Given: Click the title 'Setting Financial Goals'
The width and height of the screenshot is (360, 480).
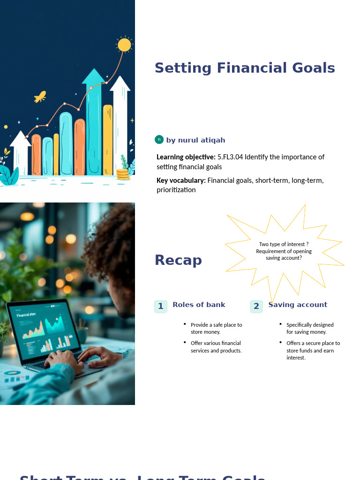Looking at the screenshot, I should tap(245, 68).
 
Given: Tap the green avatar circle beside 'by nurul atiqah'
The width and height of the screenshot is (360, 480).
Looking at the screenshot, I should tap(159, 139).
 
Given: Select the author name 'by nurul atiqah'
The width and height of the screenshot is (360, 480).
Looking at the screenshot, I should tap(195, 140).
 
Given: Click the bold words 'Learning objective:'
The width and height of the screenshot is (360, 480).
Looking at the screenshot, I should tap(186, 157).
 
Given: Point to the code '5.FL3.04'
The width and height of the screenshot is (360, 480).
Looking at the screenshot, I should tap(230, 157).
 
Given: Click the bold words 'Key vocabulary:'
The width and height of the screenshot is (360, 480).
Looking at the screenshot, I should tap(181, 180).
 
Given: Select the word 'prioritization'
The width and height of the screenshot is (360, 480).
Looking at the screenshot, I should tap(176, 190).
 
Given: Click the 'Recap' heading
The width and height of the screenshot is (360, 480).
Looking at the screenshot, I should tap(178, 260).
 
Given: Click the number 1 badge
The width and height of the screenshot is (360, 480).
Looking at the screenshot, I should tap(161, 307).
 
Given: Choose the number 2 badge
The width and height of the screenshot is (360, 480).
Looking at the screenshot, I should tap(256, 307).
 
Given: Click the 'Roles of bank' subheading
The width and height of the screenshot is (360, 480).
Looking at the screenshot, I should tap(199, 305).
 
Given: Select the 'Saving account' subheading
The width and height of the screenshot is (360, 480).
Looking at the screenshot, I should tap(298, 305).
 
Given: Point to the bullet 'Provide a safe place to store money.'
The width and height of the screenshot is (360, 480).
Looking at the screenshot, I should tap(216, 328).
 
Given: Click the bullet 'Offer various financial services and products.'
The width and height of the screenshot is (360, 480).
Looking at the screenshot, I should tap(216, 347).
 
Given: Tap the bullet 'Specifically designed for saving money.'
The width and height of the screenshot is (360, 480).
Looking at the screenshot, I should tap(310, 328).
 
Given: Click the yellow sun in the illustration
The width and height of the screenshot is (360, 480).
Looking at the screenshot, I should tap(124, 45).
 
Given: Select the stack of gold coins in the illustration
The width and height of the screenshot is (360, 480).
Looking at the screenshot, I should tap(123, 174).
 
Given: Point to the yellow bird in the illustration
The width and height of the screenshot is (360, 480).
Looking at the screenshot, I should tap(40, 97).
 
